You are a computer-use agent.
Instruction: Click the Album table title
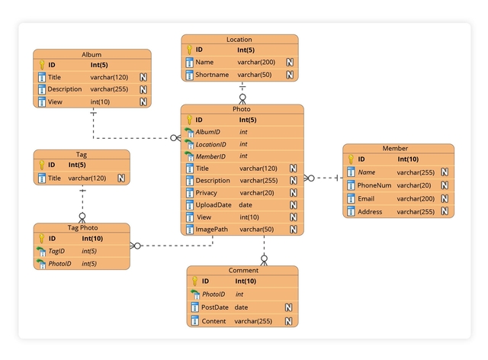91,54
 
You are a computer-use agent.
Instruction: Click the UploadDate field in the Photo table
213,205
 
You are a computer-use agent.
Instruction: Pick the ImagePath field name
212,230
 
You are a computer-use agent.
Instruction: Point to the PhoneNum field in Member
374,185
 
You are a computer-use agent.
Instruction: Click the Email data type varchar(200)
415,199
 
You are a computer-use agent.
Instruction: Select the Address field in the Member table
370,212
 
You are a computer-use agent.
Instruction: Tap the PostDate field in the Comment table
215,307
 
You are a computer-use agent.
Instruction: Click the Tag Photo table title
82,227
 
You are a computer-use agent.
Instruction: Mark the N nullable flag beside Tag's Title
120,178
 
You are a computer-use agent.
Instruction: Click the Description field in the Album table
64,89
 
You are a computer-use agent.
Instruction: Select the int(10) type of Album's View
101,102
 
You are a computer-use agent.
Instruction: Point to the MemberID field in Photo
210,156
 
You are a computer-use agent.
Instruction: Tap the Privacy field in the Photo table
207,193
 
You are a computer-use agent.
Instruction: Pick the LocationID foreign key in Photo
211,144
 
